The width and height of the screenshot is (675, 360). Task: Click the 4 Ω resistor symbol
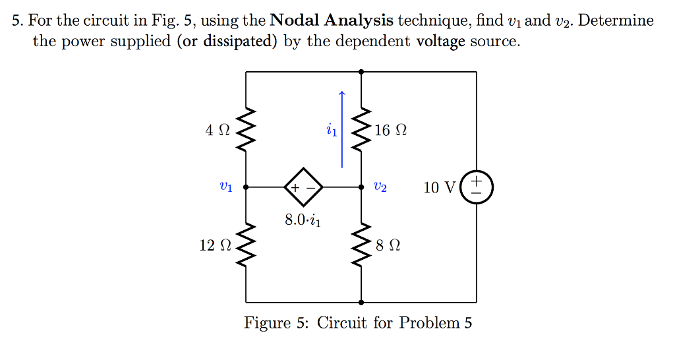click(x=246, y=130)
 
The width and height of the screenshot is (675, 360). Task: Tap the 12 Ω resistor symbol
click(x=246, y=245)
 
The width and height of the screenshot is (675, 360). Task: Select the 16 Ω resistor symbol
click(x=361, y=130)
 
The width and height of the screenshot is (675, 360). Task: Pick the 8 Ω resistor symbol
click(x=361, y=245)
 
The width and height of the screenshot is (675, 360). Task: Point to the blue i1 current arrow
click(x=341, y=129)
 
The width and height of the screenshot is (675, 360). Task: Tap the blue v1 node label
click(x=225, y=187)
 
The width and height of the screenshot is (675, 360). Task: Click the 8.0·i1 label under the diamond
click(x=303, y=220)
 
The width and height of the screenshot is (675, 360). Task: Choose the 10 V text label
click(x=439, y=187)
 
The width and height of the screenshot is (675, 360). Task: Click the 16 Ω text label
click(x=390, y=130)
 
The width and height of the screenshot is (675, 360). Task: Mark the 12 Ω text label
click(x=216, y=245)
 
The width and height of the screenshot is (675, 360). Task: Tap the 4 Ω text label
click(x=218, y=130)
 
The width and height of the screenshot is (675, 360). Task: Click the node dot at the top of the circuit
click(x=361, y=72)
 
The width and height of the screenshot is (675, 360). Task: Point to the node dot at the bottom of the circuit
click(x=361, y=302)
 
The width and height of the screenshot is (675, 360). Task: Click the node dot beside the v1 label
click(x=246, y=187)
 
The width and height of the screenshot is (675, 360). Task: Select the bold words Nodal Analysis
click(x=332, y=20)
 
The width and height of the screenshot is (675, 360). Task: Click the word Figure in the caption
click(x=267, y=323)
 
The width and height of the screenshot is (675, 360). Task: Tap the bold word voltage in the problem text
click(x=442, y=42)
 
